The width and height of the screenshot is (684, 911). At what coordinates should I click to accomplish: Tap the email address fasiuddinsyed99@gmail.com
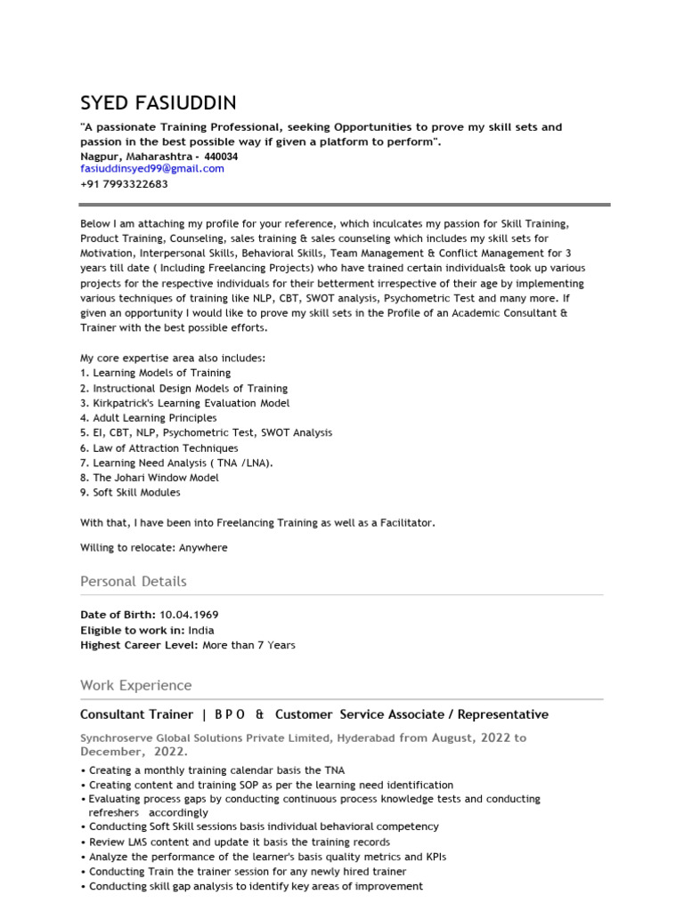(152, 168)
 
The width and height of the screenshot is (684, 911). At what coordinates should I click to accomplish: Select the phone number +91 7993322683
(124, 184)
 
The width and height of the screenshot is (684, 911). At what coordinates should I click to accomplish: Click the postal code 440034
(221, 156)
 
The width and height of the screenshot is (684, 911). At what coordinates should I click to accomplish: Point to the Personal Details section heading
(134, 581)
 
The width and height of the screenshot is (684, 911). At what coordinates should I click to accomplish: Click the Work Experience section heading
(135, 685)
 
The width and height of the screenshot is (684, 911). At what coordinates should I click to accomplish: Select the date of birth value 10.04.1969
(189, 615)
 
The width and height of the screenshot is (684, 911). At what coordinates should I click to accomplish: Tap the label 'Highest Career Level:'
(139, 645)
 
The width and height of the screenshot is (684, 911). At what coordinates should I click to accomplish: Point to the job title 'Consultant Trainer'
(136, 714)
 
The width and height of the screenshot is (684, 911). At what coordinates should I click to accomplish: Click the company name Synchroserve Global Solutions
(205, 738)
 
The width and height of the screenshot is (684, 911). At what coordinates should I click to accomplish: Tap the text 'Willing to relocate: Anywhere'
(153, 547)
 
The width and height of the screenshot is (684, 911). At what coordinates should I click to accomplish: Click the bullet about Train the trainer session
(248, 872)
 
